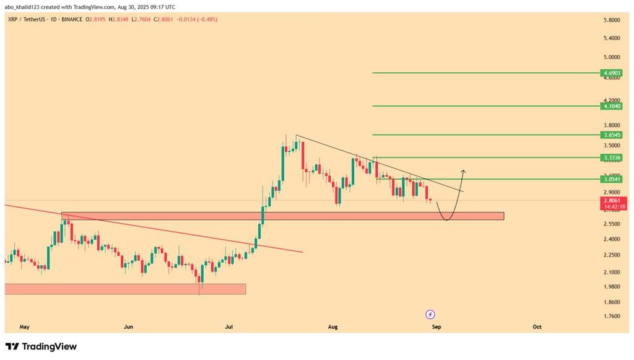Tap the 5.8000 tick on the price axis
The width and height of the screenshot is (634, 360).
click(x=612, y=20)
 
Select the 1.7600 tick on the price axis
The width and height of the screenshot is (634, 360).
click(x=612, y=316)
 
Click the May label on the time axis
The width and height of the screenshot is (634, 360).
click(x=25, y=326)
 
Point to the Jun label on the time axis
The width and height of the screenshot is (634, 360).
click(x=128, y=326)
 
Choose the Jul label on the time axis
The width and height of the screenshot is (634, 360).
click(x=229, y=326)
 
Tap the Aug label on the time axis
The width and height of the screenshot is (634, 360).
click(x=332, y=326)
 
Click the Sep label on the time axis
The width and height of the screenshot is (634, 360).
click(x=436, y=326)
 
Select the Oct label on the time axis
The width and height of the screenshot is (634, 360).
click(x=537, y=326)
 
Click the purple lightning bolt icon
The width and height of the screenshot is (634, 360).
click(x=430, y=314)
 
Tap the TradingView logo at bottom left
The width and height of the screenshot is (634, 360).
click(x=41, y=346)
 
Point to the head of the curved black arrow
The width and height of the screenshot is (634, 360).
click(x=463, y=170)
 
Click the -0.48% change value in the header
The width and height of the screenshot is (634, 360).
click(x=207, y=19)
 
